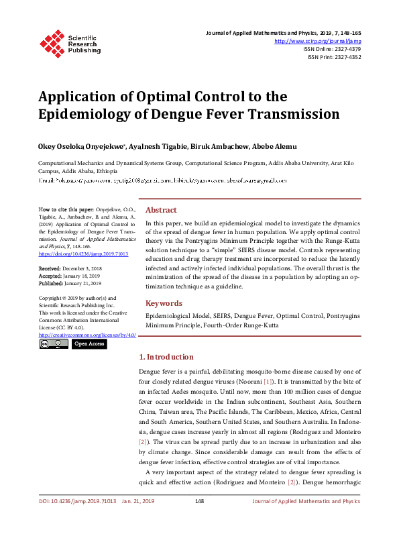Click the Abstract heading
pyautogui.click(x=161, y=210)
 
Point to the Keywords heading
pyautogui.click(x=164, y=303)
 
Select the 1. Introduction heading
pyautogui.click(x=166, y=357)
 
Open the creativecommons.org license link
pyautogui.click(x=87, y=334)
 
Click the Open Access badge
pyautogui.click(x=89, y=343)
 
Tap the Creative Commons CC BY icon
pyautogui.click(x=54, y=343)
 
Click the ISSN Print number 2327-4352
pyautogui.click(x=346, y=57)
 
